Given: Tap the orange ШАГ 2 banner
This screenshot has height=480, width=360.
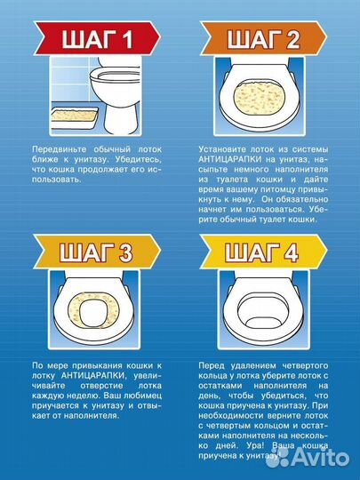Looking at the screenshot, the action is point(264,38).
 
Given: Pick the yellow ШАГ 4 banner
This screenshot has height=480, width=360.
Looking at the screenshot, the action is point(264,252).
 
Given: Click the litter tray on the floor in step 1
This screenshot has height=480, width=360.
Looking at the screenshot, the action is point(75,118).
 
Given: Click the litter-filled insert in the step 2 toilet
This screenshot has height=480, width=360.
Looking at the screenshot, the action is point(260,99).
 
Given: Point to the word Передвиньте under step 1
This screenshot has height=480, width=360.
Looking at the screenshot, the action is point(59,149).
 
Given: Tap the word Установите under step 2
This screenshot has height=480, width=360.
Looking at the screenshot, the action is point(222,149).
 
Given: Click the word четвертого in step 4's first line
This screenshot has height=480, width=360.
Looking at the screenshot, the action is point(305,366).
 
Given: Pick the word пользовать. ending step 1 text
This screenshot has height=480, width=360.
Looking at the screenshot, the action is point(57,180).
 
